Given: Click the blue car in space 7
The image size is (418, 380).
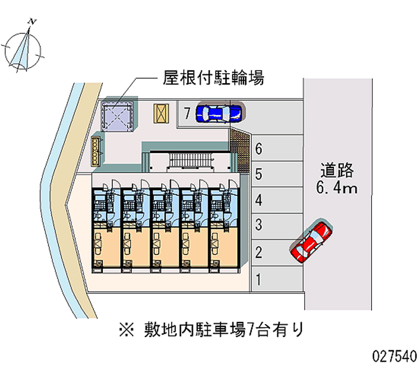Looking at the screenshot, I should (x=218, y=112).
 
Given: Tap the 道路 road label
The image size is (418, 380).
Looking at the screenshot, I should (x=337, y=170).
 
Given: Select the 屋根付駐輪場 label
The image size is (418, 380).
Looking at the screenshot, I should (x=213, y=78).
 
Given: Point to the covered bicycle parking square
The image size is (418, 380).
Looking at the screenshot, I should (x=118, y=113).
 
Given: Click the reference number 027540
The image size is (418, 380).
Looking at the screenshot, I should (x=394, y=357).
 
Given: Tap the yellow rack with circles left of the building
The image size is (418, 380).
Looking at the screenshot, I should (x=96, y=151).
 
